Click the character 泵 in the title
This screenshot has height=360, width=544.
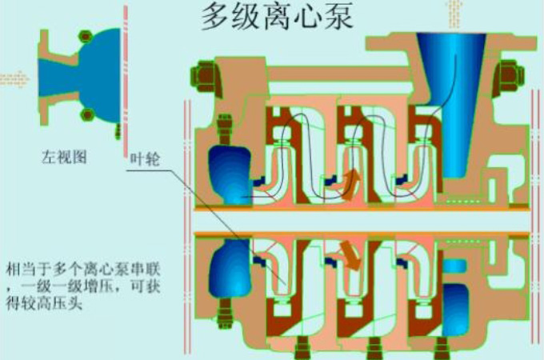tap(337, 16)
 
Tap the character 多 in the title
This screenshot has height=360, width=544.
tap(217, 16)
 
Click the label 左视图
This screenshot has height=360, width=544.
tap(64, 157)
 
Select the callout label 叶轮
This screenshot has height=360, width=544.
tap(145, 159)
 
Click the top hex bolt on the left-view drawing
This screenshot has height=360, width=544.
tap(85, 36)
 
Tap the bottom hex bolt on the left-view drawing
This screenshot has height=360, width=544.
tap(86, 114)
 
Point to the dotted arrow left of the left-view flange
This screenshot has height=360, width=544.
tap(14, 79)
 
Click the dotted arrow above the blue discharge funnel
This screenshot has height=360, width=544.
tap(454, 13)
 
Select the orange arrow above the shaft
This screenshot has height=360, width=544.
tap(351, 184)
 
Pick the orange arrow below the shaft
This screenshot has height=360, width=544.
tap(350, 254)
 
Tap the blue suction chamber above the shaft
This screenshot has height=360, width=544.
tap(230, 174)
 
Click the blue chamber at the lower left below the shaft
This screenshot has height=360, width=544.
tap(230, 269)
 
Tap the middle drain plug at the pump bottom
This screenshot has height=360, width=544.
tap(374, 348)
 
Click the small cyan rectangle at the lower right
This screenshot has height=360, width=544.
tap(455, 266)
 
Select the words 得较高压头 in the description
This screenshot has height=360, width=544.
tap(44, 302)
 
